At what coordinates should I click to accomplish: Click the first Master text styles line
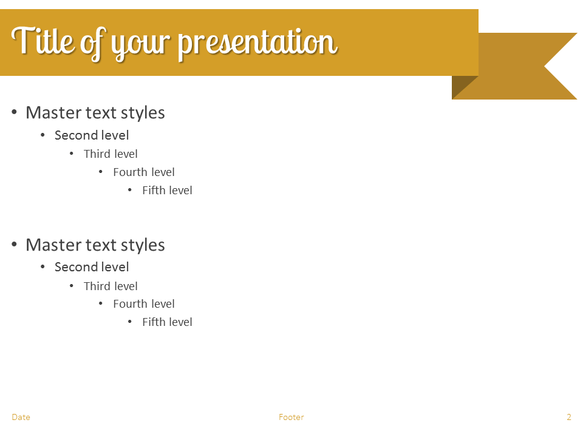pos(95,113)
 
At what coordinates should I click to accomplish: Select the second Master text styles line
pos(95,245)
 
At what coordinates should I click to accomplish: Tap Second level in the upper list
pos(92,135)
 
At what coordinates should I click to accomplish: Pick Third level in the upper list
pos(111,154)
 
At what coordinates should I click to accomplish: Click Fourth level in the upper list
pos(144,172)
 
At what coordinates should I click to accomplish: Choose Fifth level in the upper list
pos(168,190)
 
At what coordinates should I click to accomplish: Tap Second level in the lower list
pos(92,267)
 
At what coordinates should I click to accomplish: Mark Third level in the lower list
pos(111,286)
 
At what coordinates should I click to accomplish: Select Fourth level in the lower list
pos(144,303)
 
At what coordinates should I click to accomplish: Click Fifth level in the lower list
pos(168,322)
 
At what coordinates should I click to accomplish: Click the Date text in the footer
pos(21,418)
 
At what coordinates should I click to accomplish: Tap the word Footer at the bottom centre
pos(291,418)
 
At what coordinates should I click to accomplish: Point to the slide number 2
pos(569,418)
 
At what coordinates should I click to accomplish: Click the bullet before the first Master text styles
pos(14,112)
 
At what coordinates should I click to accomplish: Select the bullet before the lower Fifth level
pos(130,322)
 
